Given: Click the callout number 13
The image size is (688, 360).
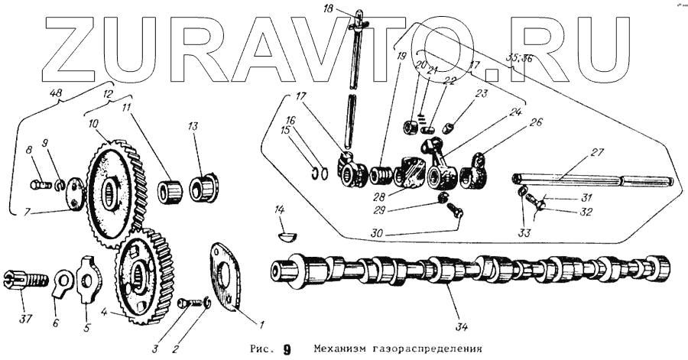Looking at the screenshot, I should tap(193, 125).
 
